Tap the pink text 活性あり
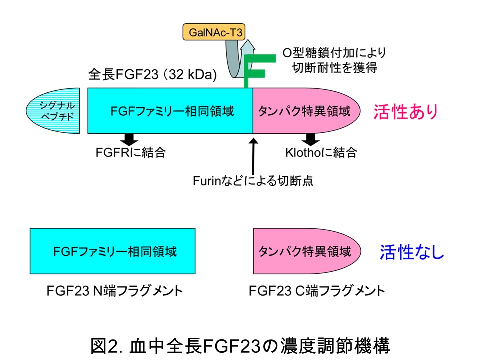[405, 111]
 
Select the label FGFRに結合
[130, 152]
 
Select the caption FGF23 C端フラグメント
[317, 291]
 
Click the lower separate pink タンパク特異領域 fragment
[307, 251]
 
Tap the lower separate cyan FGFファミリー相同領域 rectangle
[113, 251]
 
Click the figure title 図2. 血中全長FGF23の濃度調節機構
[240, 345]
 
